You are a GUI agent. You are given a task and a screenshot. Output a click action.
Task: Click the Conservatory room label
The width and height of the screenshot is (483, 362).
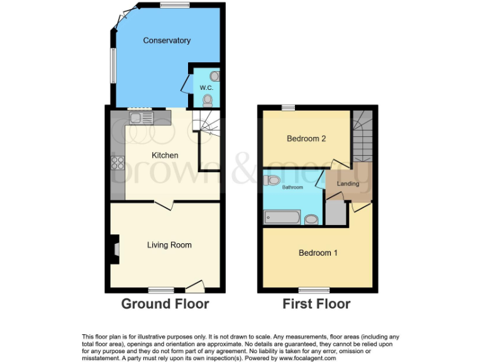[x=167, y=41]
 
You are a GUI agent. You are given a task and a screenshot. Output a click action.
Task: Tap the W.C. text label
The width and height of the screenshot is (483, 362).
[x=206, y=88]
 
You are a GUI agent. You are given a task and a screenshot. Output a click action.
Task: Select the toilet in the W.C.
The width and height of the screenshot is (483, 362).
[x=208, y=99]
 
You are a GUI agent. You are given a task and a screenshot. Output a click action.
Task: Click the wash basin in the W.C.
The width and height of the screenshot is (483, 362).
[x=215, y=76]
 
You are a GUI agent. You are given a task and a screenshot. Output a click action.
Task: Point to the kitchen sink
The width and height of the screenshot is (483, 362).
[x=141, y=117]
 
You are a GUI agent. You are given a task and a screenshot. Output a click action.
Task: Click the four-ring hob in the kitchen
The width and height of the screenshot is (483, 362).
[x=118, y=163]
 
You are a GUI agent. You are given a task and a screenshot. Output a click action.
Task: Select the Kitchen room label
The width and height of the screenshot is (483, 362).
[x=165, y=155]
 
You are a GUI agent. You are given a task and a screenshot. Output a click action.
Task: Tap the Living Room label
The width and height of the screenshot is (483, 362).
[x=169, y=245]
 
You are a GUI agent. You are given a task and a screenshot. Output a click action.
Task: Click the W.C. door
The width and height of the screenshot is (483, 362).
[x=185, y=84]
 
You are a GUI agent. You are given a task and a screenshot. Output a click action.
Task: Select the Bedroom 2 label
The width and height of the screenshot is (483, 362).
[x=306, y=139]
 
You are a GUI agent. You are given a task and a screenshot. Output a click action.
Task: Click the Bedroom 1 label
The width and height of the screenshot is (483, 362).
[x=318, y=253]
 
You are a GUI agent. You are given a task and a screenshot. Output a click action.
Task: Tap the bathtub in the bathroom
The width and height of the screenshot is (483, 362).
[x=282, y=218]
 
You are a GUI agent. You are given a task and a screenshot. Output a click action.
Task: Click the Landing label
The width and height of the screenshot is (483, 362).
[x=348, y=184]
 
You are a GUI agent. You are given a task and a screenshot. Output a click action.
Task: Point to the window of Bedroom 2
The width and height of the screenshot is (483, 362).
[x=288, y=108]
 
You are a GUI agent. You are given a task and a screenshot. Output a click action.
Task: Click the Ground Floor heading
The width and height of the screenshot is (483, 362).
[x=165, y=304]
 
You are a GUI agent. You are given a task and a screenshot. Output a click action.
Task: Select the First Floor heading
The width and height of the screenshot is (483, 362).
[x=317, y=304]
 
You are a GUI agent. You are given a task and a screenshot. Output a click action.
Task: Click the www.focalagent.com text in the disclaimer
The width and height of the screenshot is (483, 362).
[x=306, y=358]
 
